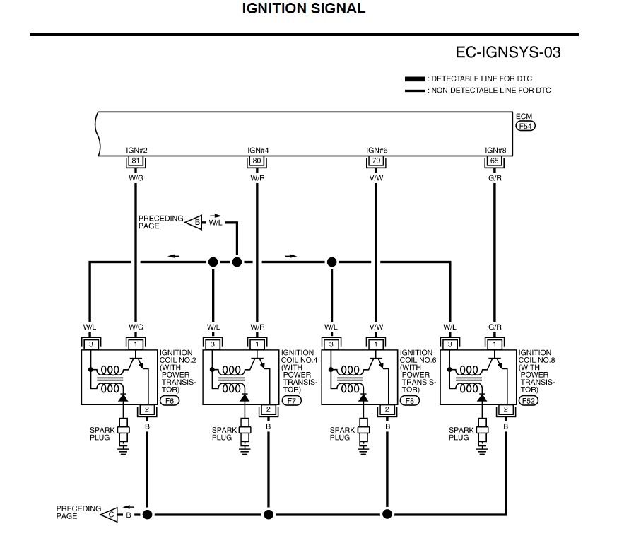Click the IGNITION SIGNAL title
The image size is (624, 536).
[304, 9]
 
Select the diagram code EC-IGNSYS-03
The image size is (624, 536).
[509, 53]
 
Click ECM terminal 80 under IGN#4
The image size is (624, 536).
[257, 161]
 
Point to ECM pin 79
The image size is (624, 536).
[375, 161]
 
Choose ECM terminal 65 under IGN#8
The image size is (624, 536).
[495, 161]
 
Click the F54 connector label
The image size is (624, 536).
[525, 126]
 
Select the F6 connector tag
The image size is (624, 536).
[170, 401]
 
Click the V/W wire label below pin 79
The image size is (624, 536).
[375, 178]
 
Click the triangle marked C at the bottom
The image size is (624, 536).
[112, 514]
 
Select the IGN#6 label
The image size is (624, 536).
[375, 151]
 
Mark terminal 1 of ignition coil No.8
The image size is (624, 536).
[495, 344]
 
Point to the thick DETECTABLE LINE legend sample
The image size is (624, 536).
[415, 79]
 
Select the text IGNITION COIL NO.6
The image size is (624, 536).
[416, 356]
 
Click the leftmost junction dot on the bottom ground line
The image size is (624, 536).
[147, 514]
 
